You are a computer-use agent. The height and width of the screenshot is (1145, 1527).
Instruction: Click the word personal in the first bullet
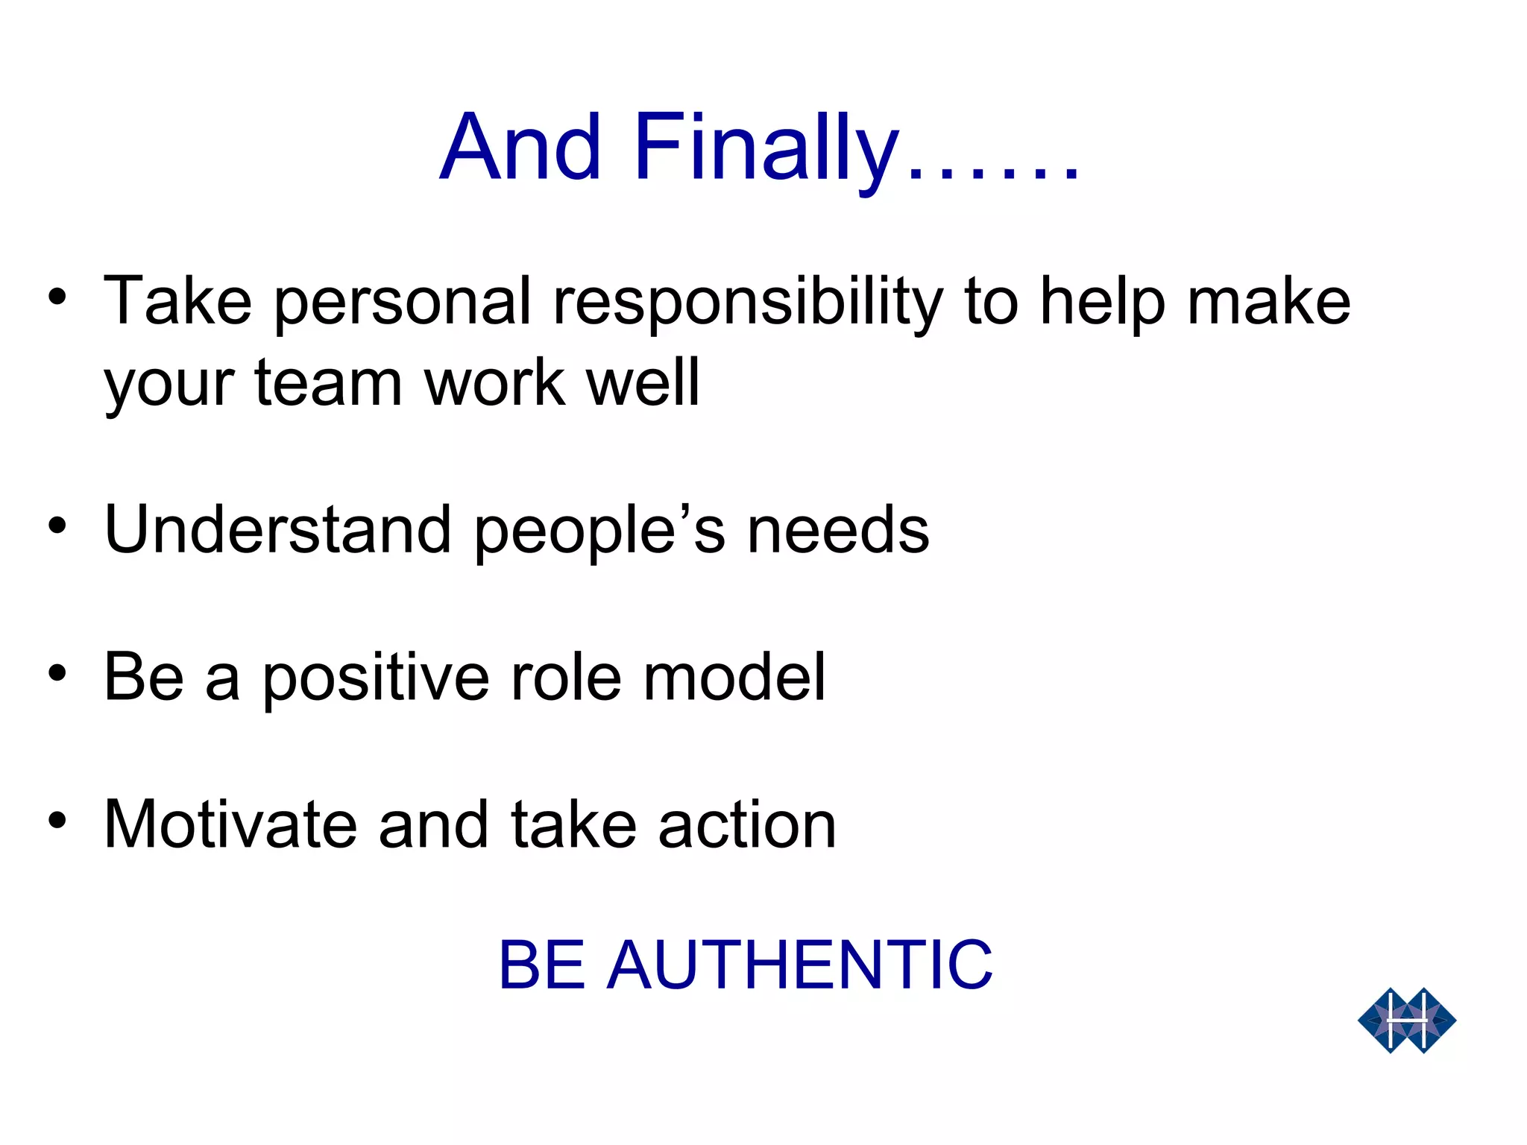403,303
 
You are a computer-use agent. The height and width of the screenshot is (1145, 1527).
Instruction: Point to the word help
1102,303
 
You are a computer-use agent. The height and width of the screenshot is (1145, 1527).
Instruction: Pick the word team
328,383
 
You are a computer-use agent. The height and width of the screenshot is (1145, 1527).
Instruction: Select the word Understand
277,530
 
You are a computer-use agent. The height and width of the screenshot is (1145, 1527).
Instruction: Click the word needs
838,530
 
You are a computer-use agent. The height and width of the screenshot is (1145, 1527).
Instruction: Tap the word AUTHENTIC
799,965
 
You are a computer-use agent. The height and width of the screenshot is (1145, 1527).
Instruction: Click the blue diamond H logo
1406,1021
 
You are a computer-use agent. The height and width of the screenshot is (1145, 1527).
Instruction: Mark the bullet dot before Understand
57,526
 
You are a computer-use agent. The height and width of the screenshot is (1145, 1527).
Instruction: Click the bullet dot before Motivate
57,821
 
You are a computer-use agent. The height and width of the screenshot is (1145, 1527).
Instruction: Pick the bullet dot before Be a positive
57,674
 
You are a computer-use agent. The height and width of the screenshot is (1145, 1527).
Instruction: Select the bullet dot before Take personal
57,298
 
